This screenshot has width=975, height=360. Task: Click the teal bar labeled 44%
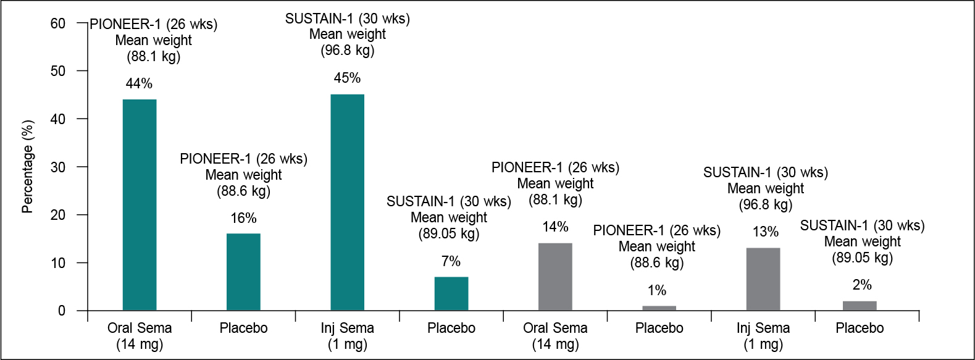click(x=140, y=205)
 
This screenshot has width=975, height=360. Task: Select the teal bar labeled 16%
click(x=243, y=272)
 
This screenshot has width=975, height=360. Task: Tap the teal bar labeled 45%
click(x=347, y=203)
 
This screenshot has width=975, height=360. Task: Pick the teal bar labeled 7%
click(x=451, y=294)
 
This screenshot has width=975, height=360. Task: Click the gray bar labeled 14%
click(x=555, y=277)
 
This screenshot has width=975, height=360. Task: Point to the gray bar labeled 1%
click(x=659, y=308)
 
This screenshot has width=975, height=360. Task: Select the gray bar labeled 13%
click(x=763, y=279)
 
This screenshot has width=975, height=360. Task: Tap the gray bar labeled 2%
click(x=860, y=306)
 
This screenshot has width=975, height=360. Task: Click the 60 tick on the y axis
click(x=57, y=23)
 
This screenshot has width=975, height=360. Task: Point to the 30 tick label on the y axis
click(x=57, y=167)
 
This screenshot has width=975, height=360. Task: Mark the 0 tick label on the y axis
click(x=61, y=311)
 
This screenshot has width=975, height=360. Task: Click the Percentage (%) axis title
click(x=28, y=167)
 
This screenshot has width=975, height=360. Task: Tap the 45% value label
click(x=347, y=78)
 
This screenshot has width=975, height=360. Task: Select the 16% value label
click(x=243, y=218)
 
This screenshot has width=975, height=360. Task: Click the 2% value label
click(x=862, y=285)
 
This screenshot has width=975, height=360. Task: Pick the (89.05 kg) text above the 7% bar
click(x=449, y=233)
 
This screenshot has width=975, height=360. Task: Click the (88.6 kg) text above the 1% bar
click(x=657, y=262)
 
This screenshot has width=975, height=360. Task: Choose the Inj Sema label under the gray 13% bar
click(x=763, y=328)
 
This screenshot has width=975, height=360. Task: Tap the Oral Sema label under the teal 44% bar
click(x=140, y=328)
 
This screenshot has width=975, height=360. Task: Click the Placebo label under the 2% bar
click(x=860, y=328)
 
